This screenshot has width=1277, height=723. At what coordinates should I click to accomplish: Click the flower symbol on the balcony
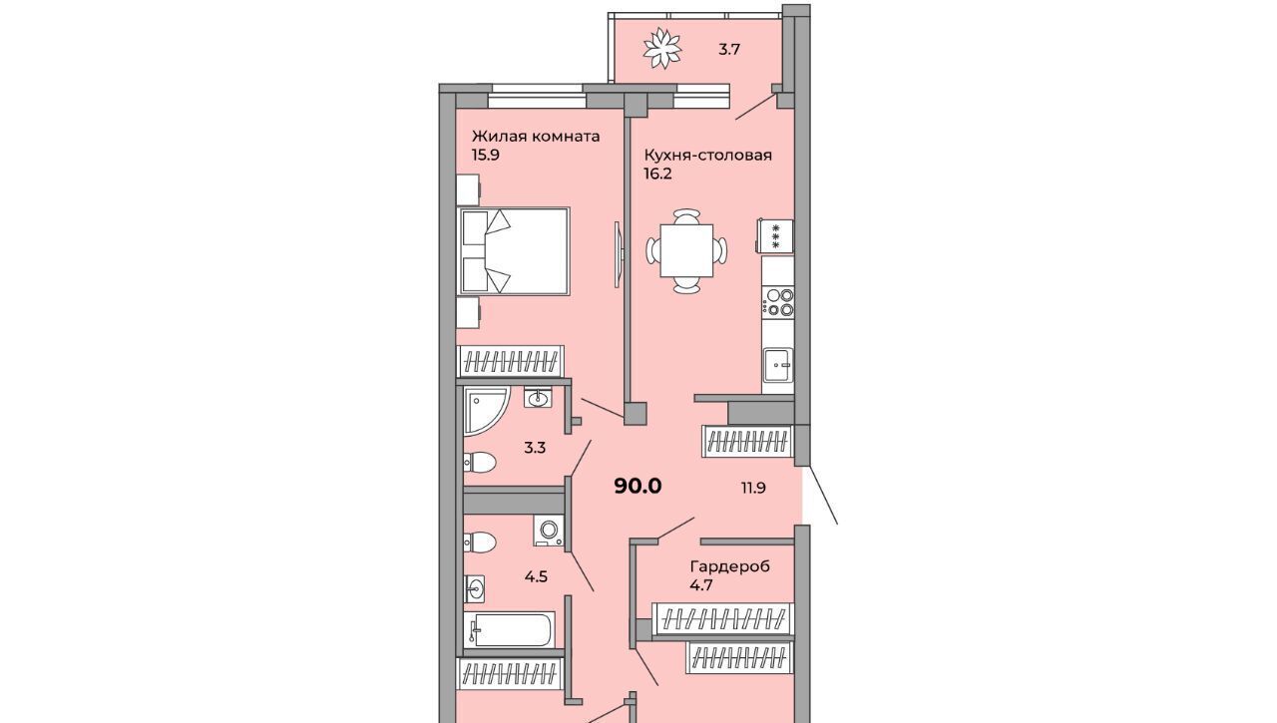[x=661, y=49]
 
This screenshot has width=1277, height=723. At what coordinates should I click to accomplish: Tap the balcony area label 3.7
[x=728, y=50]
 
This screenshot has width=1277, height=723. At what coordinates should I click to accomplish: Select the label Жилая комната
[x=536, y=137]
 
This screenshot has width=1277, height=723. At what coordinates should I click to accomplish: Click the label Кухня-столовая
[x=708, y=155]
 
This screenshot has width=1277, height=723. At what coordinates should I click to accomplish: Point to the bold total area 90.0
[x=638, y=486]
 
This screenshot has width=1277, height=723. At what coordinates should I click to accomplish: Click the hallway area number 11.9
[x=753, y=488]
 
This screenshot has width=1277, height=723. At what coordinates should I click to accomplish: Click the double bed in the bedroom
[x=513, y=251]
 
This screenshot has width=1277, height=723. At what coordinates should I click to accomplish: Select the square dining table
[x=686, y=250]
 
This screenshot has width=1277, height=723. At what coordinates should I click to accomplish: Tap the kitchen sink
[x=778, y=364]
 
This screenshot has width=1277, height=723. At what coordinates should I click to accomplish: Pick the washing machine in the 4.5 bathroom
[x=549, y=531]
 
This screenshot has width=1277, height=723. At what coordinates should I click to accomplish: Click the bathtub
[x=509, y=629]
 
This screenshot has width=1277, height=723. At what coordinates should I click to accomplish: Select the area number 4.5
[x=536, y=576]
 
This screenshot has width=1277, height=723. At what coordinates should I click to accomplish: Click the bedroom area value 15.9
[x=486, y=155]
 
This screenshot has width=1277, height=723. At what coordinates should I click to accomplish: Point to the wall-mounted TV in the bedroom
[x=618, y=253]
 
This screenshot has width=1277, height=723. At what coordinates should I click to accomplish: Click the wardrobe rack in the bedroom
[x=511, y=361]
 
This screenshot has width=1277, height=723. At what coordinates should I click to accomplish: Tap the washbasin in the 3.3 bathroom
[x=537, y=398]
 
